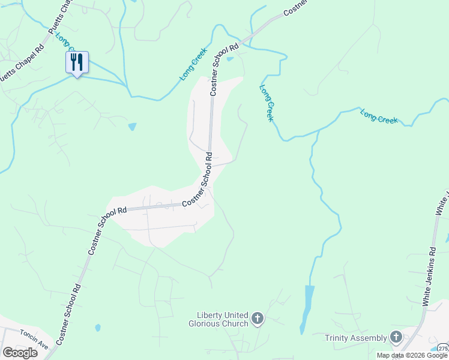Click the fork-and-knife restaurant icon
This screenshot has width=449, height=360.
pos(77,62)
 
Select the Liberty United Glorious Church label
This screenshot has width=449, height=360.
pos(222,319)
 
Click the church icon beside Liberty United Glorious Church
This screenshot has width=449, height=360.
pos(258,319)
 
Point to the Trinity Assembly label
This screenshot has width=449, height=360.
pos(357,338)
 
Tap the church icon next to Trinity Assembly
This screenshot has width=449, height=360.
pos(396,337)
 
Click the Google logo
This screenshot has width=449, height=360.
pos(20,352)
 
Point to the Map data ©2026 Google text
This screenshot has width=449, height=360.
pos(412,356)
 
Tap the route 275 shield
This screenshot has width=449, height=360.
pos(443,349)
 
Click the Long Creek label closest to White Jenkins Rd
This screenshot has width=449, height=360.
pos(379,116)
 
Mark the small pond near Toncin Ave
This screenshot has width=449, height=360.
pos(97,328)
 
